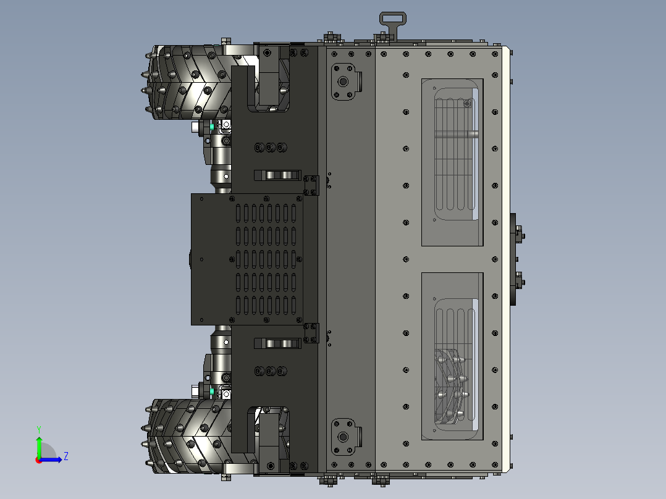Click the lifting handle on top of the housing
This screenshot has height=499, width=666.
pos(391,20)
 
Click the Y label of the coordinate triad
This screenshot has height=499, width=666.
pos(38,429)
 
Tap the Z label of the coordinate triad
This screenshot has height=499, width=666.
pos(65,456)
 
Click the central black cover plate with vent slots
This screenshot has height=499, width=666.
pos(247,259)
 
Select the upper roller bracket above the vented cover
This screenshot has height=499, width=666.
pos(277,175)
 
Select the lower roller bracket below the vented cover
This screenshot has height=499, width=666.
pos(277,343)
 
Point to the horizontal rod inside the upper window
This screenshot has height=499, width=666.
pos(457,135)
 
